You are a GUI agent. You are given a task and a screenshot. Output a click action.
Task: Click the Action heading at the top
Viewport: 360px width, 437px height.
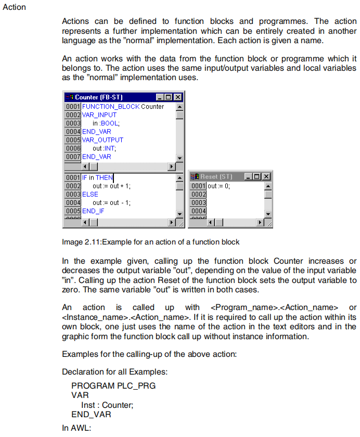point(14,7)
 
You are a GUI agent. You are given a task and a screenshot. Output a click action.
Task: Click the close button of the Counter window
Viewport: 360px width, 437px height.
point(178,97)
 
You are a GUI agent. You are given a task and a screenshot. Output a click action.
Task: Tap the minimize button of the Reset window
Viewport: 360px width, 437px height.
point(248,177)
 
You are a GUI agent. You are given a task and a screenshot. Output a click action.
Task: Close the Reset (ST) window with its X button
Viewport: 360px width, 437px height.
point(266,177)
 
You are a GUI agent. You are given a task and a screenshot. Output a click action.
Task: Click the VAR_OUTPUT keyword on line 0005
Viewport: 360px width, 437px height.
point(102,140)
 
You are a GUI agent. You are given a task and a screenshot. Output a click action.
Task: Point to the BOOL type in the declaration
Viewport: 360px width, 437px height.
point(110,123)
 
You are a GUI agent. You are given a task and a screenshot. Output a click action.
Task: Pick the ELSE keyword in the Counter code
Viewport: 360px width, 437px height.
point(90,194)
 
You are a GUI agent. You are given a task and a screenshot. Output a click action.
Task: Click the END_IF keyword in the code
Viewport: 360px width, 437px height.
point(93,211)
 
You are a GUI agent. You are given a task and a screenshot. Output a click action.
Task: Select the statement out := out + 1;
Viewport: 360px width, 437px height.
point(112,186)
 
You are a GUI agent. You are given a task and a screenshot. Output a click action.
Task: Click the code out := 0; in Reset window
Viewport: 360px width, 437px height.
point(218,186)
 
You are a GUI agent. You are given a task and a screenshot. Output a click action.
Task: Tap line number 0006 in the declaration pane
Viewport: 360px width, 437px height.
point(73,148)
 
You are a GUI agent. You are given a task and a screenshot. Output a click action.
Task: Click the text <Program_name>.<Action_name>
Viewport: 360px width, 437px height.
point(275,307)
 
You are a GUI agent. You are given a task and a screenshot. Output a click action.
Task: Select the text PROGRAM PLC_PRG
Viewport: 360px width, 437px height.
point(113,385)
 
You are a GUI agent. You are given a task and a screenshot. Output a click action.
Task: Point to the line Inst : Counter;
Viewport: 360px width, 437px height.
point(108,405)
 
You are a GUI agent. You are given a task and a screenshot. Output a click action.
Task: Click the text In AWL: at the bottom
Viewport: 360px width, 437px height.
point(76,428)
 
